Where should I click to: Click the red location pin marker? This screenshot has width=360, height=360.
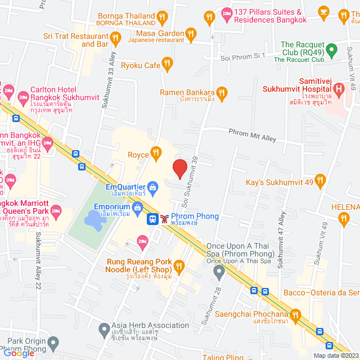click(x=179, y=168)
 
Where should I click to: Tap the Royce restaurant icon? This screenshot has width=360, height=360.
click(x=156, y=153)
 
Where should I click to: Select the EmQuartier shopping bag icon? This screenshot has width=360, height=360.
click(x=152, y=186)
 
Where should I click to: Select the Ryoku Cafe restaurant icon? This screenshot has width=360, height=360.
click(x=166, y=65)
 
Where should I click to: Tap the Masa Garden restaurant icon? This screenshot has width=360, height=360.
click(x=191, y=34)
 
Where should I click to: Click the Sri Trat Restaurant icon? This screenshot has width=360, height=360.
click(x=116, y=38)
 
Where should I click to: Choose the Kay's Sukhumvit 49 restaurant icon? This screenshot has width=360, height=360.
click(x=321, y=181)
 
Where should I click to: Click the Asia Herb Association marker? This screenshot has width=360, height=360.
click(x=103, y=328)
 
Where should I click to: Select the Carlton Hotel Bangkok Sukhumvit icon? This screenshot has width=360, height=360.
click(x=24, y=95)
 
